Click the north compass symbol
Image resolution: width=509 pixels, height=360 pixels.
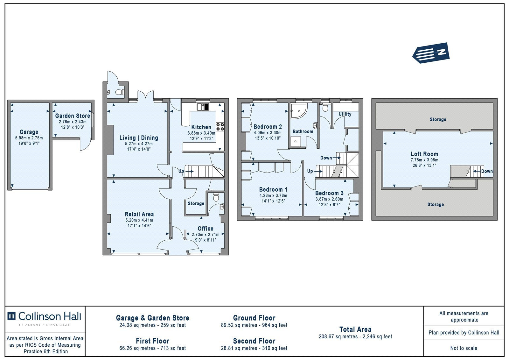coord(431,53)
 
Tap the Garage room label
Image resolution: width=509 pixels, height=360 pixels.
coord(29,132)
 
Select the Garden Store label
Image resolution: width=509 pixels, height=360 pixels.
coord(73,116)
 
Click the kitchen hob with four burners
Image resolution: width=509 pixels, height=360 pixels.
coord(220,127)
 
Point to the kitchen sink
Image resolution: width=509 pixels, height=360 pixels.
coord(203,107)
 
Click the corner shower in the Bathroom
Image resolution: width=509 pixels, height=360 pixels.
coord(299,111)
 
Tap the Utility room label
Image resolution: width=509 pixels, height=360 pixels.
coord(345,114)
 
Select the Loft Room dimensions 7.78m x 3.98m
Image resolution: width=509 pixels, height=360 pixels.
coord(424,160)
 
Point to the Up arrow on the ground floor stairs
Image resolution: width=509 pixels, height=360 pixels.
coord(190,171)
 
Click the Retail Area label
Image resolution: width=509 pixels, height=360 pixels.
coord(139,214)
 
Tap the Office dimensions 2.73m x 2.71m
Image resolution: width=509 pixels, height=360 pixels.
coord(206,235)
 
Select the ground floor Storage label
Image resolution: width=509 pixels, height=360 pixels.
coord(196,203)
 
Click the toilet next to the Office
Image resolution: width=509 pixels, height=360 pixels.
coord(216,197)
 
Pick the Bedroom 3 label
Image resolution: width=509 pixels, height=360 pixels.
coord(329,193)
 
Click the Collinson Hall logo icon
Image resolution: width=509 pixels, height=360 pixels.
coord(11,316)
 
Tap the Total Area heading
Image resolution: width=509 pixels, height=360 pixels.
coord(355,329)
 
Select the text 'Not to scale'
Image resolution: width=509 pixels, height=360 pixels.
coord(464,348)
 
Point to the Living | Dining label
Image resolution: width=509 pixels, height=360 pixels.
coord(139,138)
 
